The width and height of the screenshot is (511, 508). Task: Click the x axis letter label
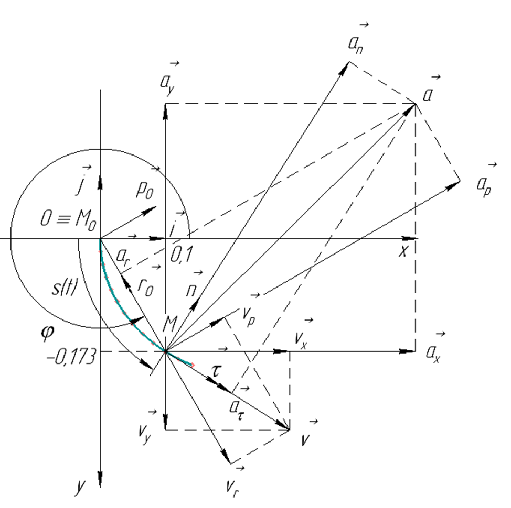coord(403,252)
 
